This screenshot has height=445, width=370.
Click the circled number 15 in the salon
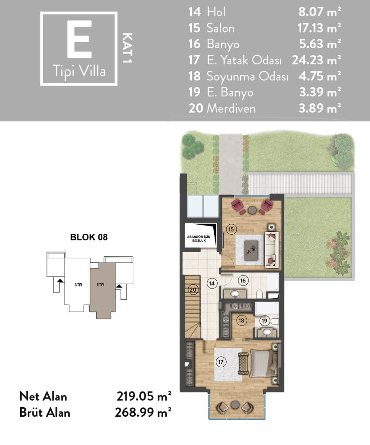coord(231,229)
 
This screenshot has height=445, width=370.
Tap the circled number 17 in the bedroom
coord(221,362)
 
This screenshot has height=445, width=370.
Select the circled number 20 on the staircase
coord(193,290)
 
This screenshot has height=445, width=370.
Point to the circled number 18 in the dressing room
coord(241,321)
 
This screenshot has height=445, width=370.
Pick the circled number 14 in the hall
coord(212,283)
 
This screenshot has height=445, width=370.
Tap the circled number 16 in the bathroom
coord(243,281)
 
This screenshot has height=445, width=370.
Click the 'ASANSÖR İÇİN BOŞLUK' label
coord(199,239)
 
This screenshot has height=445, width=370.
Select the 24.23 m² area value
coord(316,60)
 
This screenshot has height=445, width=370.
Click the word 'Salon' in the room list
coord(221,28)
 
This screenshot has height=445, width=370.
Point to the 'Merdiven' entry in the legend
coord(231,108)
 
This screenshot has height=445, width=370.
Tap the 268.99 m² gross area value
coord(143,412)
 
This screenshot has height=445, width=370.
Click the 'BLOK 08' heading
coord(89,237)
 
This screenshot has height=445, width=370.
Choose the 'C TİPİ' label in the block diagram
coord(78,285)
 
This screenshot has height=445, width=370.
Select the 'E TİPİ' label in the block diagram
coord(100,285)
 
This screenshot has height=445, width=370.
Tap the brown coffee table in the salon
coord(251,249)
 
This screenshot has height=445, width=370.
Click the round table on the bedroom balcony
coord(235,405)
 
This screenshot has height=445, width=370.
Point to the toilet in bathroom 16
coord(259,293)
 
